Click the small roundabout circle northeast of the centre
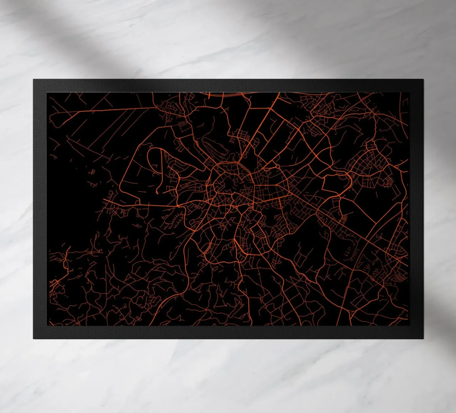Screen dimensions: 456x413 point(278,166)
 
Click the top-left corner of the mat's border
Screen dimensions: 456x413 point(33,80)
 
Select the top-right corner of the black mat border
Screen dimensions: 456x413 point(423,80)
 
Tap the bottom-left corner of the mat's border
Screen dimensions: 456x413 point(33,339)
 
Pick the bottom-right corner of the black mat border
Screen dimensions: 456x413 point(423,339)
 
